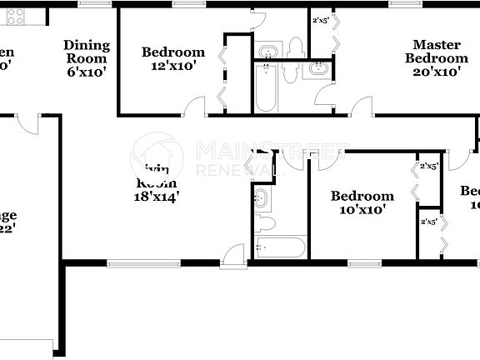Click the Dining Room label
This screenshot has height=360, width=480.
click(x=86, y=52)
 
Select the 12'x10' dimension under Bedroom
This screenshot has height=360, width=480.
click(x=172, y=66)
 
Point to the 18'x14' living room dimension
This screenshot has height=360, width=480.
click(x=157, y=197)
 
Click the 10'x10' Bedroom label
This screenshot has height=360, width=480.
click(x=362, y=202)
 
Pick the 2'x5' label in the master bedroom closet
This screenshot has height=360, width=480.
click(x=320, y=21)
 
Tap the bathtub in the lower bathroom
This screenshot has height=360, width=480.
click(x=281, y=247)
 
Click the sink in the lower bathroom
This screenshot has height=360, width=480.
click(x=262, y=199)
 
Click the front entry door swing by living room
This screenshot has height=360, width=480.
click(x=232, y=254)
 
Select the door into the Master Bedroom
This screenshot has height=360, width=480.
click(x=362, y=107)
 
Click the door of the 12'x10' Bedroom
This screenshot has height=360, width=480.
click(x=194, y=106)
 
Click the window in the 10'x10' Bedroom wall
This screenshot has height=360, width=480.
click(x=364, y=264)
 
